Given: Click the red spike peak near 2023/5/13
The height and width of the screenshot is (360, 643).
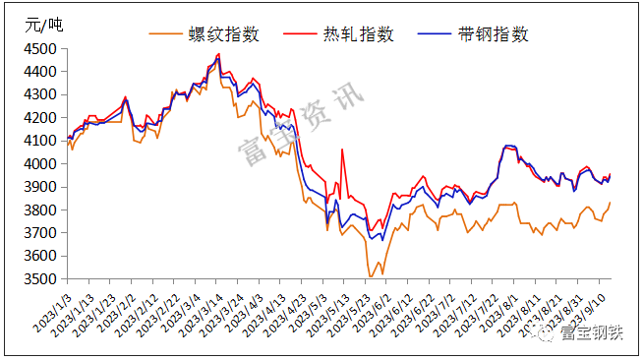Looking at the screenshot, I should pyautogui.click(x=342, y=150).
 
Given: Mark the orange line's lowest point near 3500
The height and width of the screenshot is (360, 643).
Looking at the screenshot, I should pyautogui.click(x=371, y=277).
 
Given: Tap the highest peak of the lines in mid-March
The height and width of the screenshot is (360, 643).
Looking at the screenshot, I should pyautogui.click(x=218, y=55).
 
